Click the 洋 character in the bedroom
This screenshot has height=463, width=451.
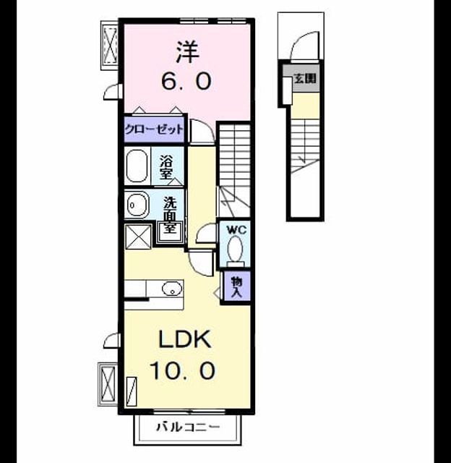point(188,51)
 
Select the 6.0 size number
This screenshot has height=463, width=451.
point(186,81)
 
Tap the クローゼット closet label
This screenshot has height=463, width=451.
point(154,129)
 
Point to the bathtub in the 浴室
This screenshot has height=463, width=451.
point(137,166)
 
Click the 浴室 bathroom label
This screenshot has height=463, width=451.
point(166,167)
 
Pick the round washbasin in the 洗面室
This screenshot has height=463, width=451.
point(137,204)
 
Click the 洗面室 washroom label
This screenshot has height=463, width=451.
point(170,214)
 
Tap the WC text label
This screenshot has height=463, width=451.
point(236,230)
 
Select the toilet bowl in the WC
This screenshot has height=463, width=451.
point(235,249)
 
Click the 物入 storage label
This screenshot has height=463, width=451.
point(236,286)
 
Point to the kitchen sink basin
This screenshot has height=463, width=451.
point(172,288)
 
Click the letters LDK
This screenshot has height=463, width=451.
point(185,339)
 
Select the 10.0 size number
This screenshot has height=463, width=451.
point(182,370)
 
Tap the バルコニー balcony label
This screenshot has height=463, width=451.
point(188,427)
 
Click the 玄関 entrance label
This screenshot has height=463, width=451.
point(305,79)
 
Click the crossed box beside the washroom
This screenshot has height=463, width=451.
point(139,237)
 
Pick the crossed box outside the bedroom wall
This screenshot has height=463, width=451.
point(110,45)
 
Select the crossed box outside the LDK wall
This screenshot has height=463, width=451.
point(108,383)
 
